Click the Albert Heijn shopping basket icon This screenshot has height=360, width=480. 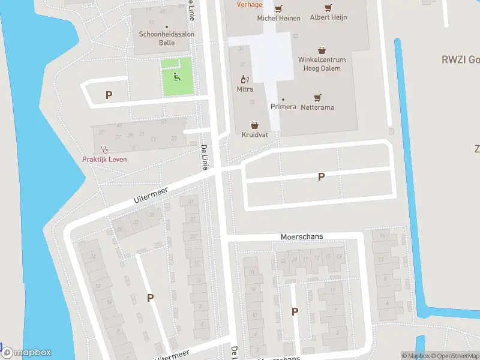click(328, 8)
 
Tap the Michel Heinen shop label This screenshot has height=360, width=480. click(278, 19)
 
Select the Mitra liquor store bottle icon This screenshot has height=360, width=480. click(244, 79)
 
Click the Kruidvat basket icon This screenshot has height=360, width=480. click(255, 125)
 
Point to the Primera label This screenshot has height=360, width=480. click(283, 107)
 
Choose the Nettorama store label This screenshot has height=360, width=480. click(317, 107)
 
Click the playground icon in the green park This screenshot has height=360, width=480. click(176, 77)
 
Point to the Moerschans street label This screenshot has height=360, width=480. click(302, 237)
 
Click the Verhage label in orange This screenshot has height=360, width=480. click(249, 5)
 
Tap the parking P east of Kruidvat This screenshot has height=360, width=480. click(321, 176)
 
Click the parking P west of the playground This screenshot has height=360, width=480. click(109, 95)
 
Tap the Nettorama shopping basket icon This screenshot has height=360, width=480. click(317, 98)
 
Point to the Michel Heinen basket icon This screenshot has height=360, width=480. click(278, 9)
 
